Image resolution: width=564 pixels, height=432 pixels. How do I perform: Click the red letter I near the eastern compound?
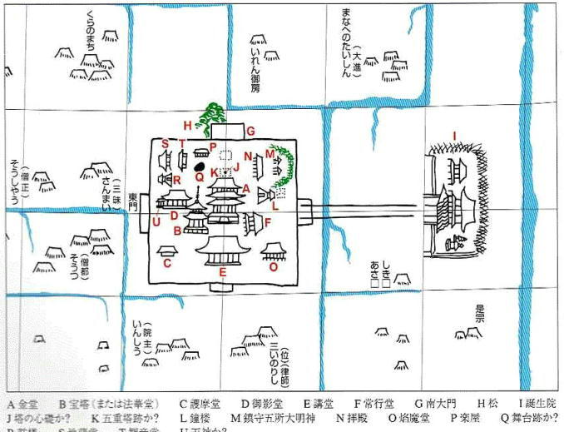[455, 135]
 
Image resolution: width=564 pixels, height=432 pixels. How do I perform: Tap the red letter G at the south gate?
[249, 131]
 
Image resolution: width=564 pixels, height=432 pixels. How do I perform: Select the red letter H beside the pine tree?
[188, 125]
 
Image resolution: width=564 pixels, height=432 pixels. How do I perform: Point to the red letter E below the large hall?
[222, 271]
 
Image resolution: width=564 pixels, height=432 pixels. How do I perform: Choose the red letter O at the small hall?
[273, 267]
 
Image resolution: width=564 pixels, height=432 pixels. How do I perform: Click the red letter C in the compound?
[167, 264]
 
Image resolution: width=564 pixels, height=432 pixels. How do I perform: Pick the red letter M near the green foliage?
[270, 154]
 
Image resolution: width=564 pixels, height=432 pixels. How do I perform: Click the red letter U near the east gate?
[156, 221]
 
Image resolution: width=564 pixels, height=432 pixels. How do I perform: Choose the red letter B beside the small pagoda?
[178, 230]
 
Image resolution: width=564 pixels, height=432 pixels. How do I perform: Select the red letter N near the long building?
[248, 156]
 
